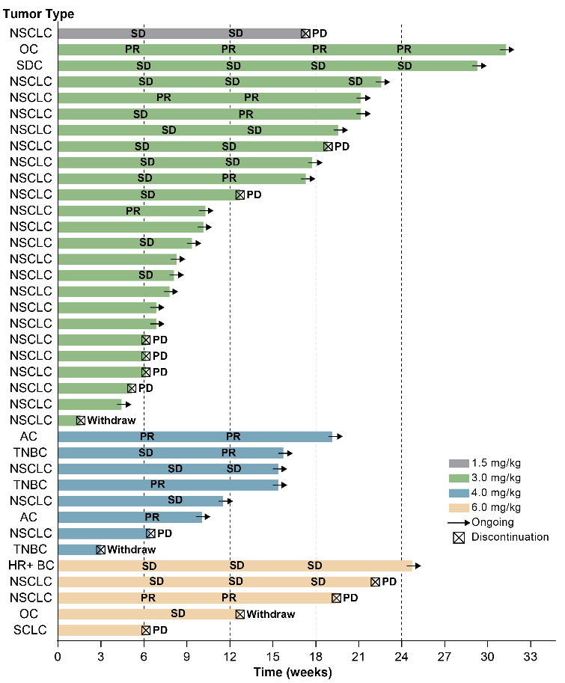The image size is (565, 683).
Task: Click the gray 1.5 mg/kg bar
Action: [x=180, y=33]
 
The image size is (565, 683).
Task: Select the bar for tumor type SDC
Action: [x=267, y=65]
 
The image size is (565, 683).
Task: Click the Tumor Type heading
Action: [x=37, y=14]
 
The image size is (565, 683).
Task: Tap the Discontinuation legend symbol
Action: [x=458, y=537]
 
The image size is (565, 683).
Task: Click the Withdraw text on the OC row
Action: [x=271, y=614]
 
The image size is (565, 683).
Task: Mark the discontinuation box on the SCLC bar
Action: [x=146, y=630]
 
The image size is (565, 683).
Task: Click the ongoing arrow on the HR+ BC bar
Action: [x=416, y=566]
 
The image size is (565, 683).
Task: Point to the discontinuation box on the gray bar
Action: [x=305, y=33]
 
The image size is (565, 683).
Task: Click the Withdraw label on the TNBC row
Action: [x=131, y=549]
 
